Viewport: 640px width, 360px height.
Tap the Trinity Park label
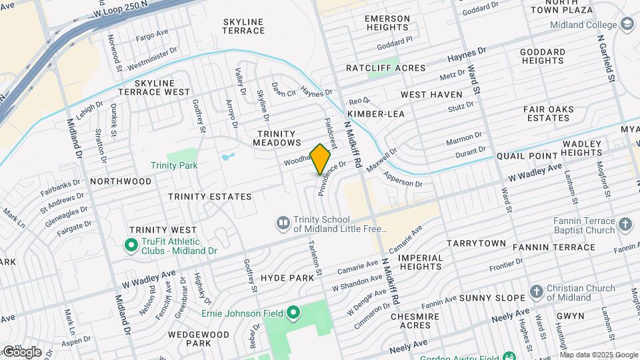click(174, 165)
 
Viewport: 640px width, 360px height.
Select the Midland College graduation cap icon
click(627, 25)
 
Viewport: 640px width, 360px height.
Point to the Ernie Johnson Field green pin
click(293, 313)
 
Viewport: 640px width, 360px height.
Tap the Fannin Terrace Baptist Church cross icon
click(625, 225)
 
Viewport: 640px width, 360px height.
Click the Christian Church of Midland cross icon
click(537, 292)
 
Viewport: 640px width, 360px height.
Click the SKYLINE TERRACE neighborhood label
click(243, 26)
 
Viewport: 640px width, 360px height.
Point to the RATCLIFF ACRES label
click(385, 68)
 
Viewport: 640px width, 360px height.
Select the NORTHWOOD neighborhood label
click(121, 181)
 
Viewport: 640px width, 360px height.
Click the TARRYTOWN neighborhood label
click(476, 243)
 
